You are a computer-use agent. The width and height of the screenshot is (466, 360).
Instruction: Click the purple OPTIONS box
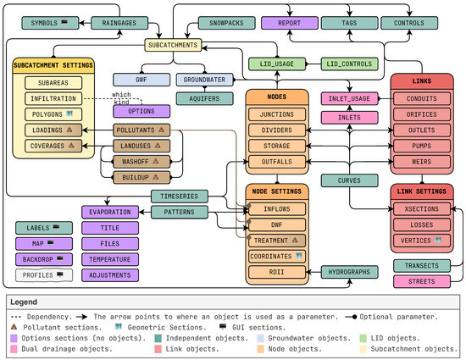(140, 111)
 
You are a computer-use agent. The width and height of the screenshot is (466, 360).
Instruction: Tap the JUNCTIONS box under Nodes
(276, 115)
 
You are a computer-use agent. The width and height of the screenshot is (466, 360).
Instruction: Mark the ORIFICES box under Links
(421, 115)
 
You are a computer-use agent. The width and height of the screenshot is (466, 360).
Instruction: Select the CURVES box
(349, 180)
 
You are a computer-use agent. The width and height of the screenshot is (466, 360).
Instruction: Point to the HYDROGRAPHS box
(349, 272)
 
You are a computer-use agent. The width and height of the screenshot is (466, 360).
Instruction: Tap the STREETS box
(421, 282)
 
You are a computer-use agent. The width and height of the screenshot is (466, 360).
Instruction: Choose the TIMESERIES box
(179, 196)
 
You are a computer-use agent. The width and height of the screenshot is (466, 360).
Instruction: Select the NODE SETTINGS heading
(276, 191)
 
